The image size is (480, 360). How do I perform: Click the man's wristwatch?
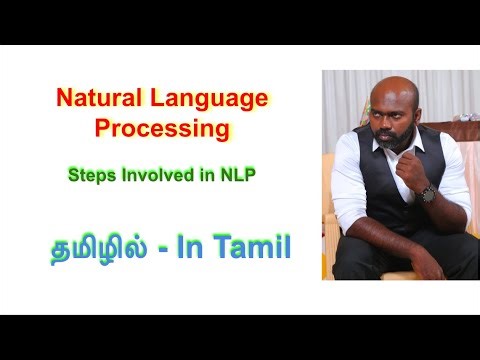point(428,195)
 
